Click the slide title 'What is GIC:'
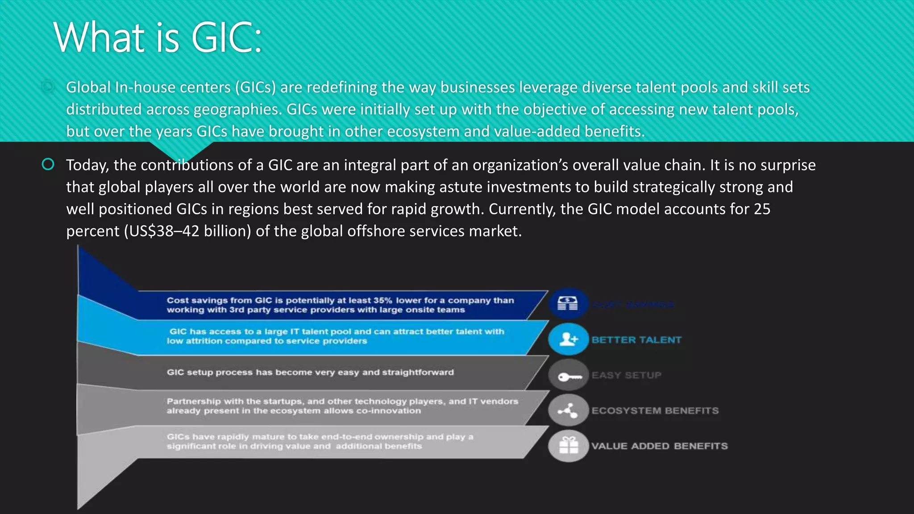[x=157, y=37]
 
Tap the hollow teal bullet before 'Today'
[x=48, y=165]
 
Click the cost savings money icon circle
[x=568, y=304]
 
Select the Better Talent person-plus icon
[x=568, y=340]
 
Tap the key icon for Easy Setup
[x=568, y=376]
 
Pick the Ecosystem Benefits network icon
[x=568, y=410]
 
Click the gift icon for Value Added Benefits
[x=568, y=446]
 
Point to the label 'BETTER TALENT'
[x=636, y=340]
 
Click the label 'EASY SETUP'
[x=626, y=375]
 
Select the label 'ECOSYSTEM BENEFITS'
[x=655, y=410]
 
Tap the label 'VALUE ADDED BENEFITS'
[x=659, y=446]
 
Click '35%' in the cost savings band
[x=382, y=300]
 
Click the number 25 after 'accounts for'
[x=762, y=209]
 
